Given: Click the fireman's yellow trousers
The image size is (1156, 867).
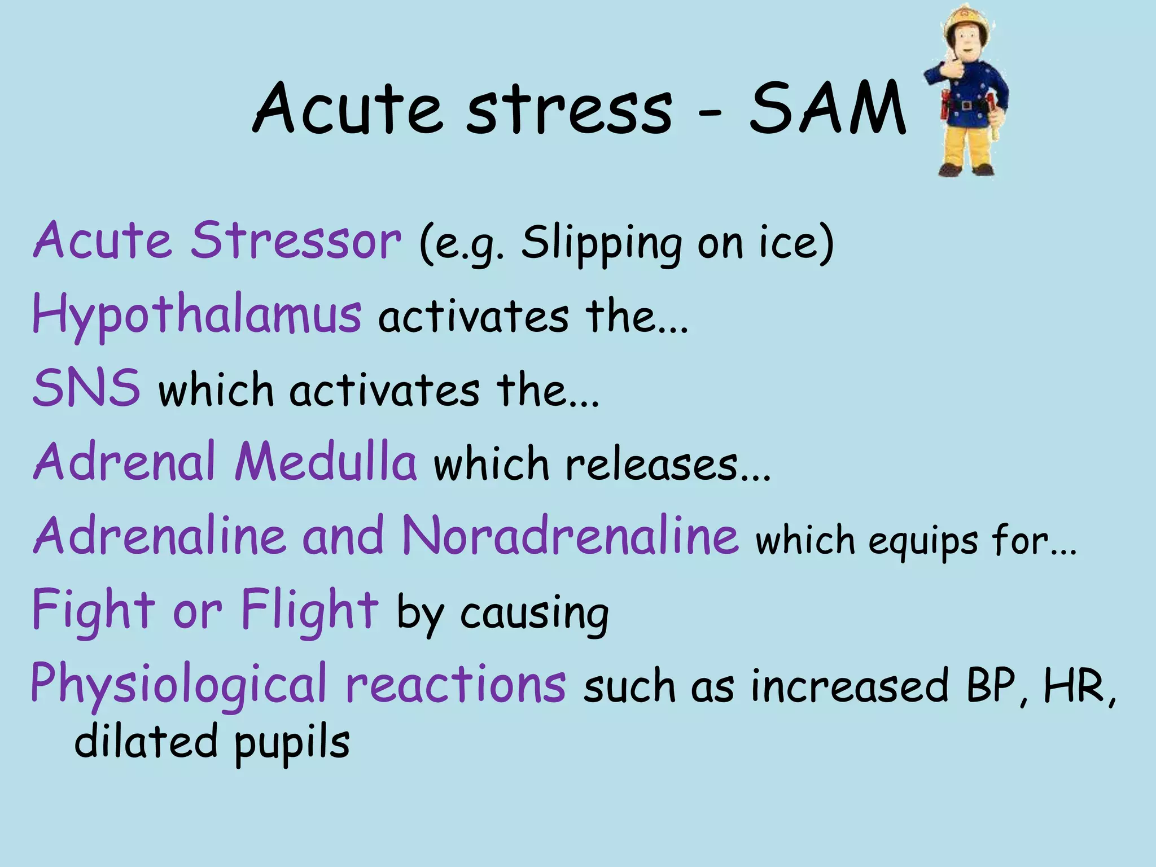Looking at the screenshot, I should tap(966, 141).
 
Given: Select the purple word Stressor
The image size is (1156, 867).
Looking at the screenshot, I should tap(295, 241).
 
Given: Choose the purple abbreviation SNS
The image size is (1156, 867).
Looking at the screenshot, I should tap(86, 388).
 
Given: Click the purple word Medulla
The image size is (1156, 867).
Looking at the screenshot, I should tap(326, 462).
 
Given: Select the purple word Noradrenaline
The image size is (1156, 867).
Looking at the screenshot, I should tap(570, 536).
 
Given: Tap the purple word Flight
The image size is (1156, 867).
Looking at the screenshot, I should tap(309, 610).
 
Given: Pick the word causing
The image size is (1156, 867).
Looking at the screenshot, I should tap(535, 614).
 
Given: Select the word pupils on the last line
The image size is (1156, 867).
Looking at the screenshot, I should tap(292, 744).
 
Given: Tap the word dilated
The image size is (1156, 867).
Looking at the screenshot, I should tap(146, 742).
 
